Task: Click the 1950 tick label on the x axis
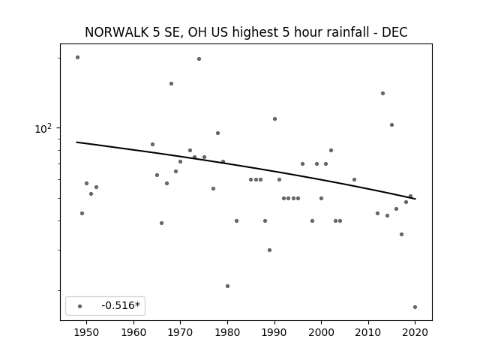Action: click(87, 332)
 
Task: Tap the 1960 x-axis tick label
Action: click(133, 332)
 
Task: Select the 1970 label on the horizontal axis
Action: click(180, 332)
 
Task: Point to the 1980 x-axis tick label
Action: click(227, 332)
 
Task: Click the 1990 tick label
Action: click(274, 332)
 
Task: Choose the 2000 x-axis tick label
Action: click(321, 332)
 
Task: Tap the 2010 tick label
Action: click(368, 332)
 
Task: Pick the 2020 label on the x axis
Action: click(415, 332)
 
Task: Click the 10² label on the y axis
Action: click(43, 128)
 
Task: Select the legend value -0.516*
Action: click(121, 305)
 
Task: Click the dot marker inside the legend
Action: click(80, 306)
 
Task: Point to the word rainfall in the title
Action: click(349, 32)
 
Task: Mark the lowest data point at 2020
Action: click(415, 307)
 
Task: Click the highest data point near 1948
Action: click(77, 57)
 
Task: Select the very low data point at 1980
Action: click(227, 286)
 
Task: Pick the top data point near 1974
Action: click(199, 58)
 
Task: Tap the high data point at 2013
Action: click(382, 93)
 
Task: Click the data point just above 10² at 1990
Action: click(274, 118)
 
